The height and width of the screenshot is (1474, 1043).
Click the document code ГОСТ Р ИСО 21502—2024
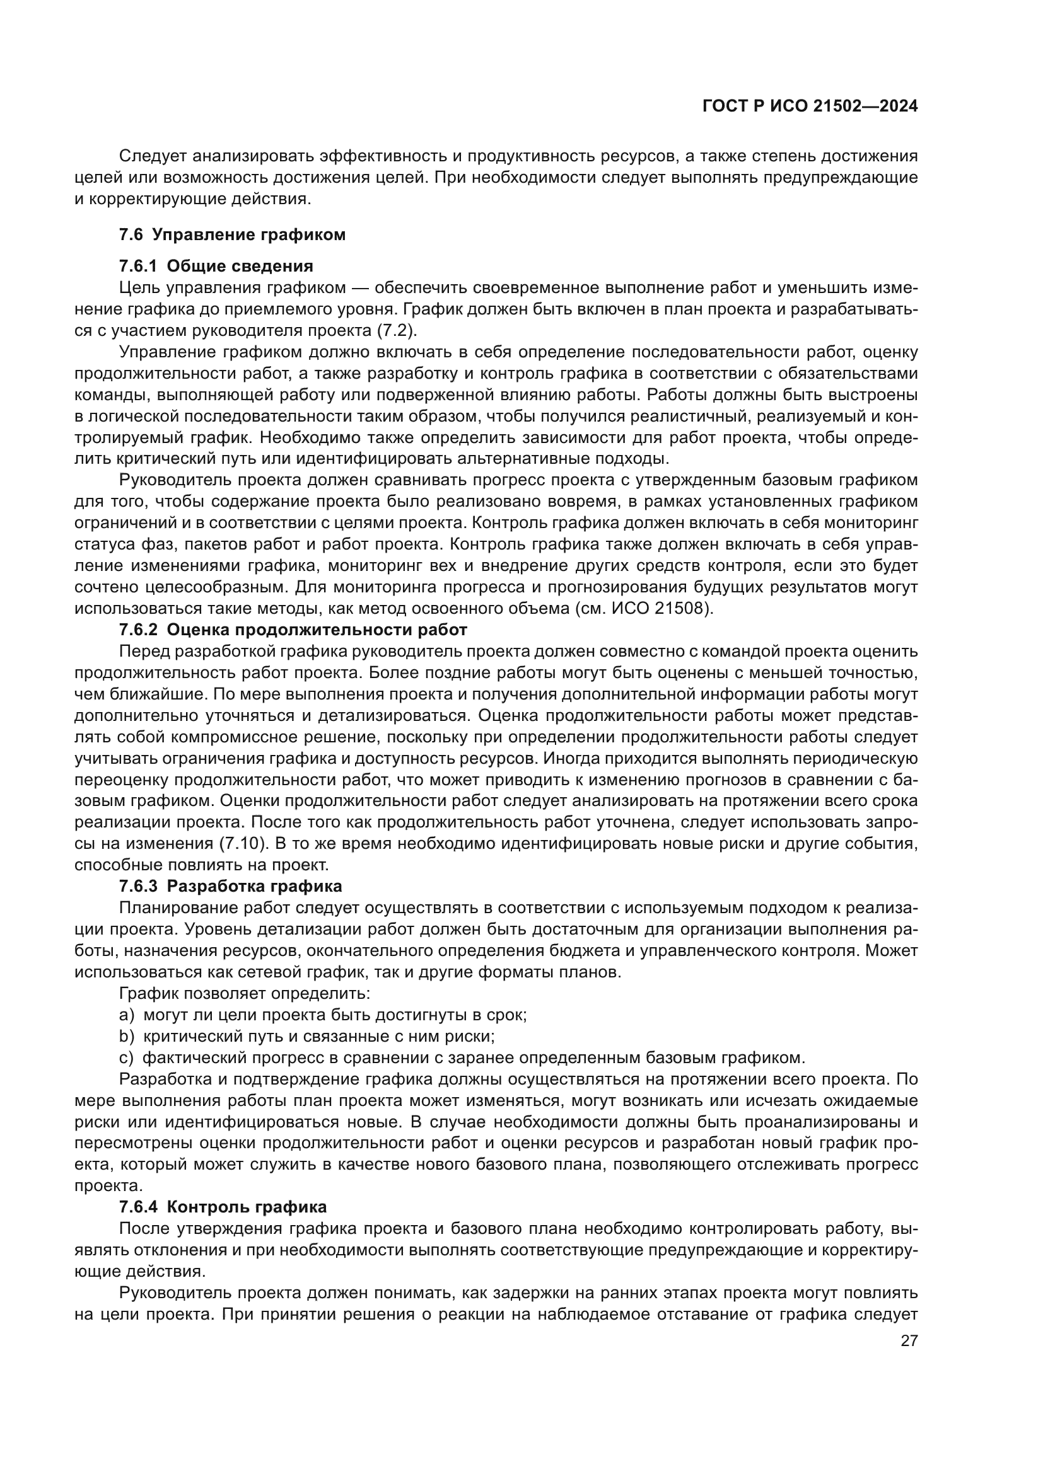[x=810, y=107]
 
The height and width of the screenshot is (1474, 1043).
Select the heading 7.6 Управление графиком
[x=232, y=234]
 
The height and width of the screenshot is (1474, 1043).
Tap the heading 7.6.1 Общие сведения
[x=216, y=266]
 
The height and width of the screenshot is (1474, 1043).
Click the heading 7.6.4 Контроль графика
[x=222, y=1207]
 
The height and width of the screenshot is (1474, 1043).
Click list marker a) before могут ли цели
[x=127, y=1015]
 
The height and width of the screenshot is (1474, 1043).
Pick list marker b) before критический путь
[x=127, y=1036]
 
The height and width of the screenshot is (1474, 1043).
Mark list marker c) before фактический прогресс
[x=127, y=1057]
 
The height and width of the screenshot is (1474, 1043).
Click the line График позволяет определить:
[x=245, y=994]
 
